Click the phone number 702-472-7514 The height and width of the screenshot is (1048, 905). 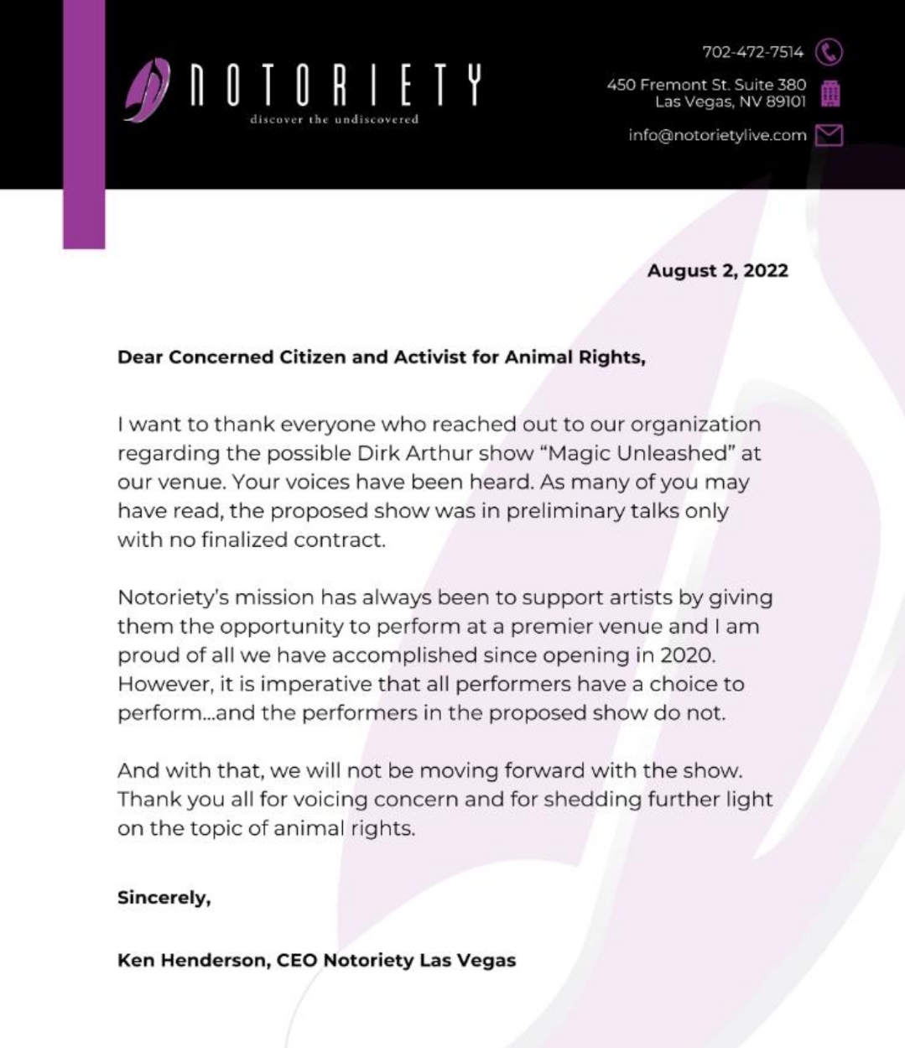[x=752, y=52]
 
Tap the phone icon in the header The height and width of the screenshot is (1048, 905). [x=829, y=52]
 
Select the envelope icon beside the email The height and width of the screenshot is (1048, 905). [x=829, y=135]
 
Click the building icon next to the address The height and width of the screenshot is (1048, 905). [x=830, y=93]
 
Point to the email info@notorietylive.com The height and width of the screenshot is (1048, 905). [x=717, y=135]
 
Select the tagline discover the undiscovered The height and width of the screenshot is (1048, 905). [x=334, y=119]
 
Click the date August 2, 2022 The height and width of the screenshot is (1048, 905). [x=717, y=270]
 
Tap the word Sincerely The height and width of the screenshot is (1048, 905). [x=164, y=897]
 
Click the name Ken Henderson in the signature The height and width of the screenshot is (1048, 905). [x=192, y=960]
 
